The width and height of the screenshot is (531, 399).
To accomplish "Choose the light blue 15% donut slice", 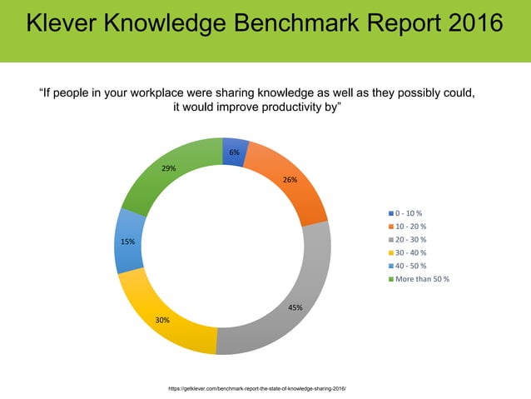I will click(x=129, y=241).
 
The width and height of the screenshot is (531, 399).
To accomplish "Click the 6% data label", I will click(x=235, y=152).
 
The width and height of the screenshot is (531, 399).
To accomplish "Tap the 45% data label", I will click(x=295, y=307).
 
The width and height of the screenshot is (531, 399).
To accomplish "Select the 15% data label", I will click(x=127, y=242).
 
